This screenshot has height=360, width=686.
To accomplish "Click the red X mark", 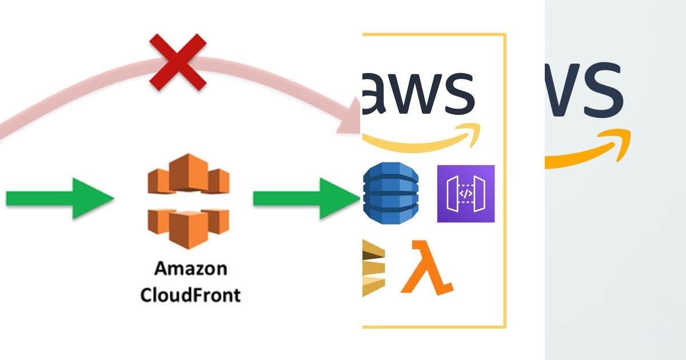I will [x=178, y=61].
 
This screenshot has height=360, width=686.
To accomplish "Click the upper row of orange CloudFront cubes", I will [x=188, y=174].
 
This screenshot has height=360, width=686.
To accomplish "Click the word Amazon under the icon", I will [x=191, y=269].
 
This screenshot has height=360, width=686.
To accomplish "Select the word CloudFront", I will [x=191, y=295].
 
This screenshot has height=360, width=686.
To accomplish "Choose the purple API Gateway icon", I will [x=466, y=194].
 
